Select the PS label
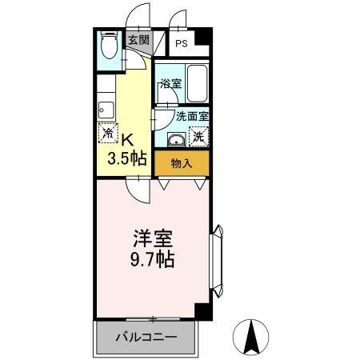tap(182, 44)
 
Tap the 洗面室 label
tap(191, 115)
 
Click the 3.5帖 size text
tap(127, 158)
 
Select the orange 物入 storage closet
tap(182, 163)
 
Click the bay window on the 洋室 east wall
tap(218, 258)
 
